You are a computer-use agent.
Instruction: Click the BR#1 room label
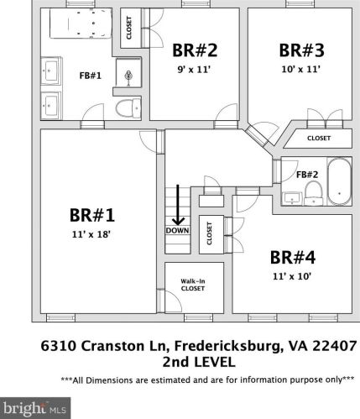(92, 216)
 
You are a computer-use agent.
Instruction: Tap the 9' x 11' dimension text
(194, 69)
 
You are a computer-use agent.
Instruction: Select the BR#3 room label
(301, 50)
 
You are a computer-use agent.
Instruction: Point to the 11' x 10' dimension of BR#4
(292, 276)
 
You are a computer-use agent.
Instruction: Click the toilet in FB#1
(128, 108)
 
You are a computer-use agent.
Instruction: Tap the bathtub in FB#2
(339, 181)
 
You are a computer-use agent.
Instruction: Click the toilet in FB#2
(313, 193)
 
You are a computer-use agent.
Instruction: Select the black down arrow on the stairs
(178, 205)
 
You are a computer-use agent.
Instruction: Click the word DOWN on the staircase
(177, 230)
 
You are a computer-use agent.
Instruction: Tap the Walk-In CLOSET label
(193, 285)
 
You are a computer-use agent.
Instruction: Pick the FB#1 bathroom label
(90, 76)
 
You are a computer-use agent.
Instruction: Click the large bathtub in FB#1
(81, 23)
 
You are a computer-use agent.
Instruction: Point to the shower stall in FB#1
(128, 72)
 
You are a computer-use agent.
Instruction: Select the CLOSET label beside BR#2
(129, 28)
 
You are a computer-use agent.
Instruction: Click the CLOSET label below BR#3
(319, 139)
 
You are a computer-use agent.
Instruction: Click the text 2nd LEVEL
(199, 362)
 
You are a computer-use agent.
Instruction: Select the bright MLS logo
(35, 408)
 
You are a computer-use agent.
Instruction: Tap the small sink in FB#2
(292, 198)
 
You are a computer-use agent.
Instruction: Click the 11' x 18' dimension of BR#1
(91, 234)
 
